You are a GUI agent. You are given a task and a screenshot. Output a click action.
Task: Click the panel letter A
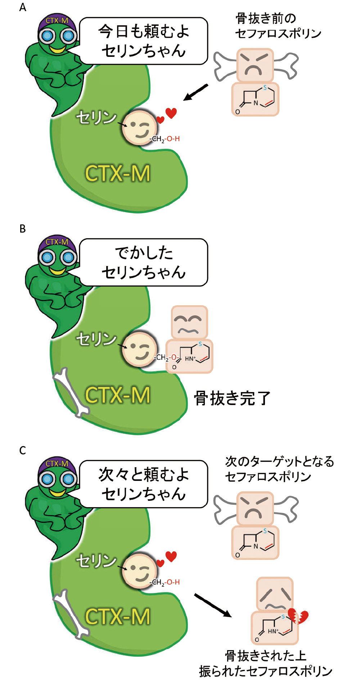(x=23, y=8)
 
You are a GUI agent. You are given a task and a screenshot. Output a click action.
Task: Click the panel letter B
(x=23, y=229)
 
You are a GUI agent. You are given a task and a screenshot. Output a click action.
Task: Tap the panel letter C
(x=23, y=450)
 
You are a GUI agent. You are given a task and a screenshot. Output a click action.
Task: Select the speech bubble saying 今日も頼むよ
(x=143, y=41)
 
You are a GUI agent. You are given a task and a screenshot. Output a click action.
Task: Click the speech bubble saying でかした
(x=143, y=262)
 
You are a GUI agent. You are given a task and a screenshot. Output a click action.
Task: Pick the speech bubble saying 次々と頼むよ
(x=143, y=484)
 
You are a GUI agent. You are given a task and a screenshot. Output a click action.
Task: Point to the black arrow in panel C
(x=213, y=605)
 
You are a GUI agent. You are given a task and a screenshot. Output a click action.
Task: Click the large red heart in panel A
(x=171, y=113)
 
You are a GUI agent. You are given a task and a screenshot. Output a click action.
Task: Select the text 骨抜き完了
(x=232, y=398)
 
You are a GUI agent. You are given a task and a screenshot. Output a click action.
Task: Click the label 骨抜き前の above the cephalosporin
(x=266, y=18)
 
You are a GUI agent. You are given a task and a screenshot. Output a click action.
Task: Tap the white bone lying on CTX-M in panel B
(x=71, y=392)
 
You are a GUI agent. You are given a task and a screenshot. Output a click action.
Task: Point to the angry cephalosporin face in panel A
(x=255, y=65)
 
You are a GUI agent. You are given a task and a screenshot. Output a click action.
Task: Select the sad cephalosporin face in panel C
(x=275, y=594)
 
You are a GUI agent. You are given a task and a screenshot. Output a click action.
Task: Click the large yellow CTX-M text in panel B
(x=117, y=395)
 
